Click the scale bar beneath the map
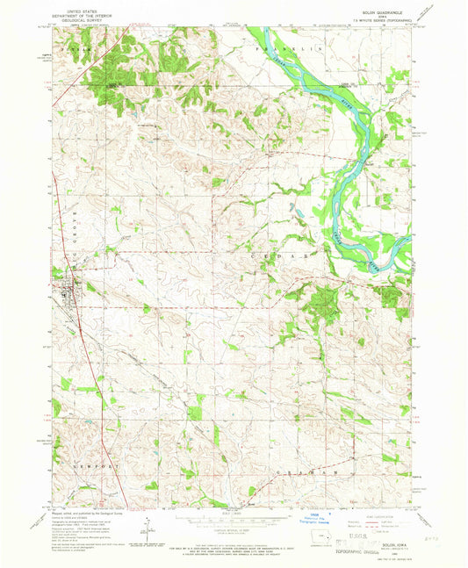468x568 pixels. [x=232, y=516]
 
